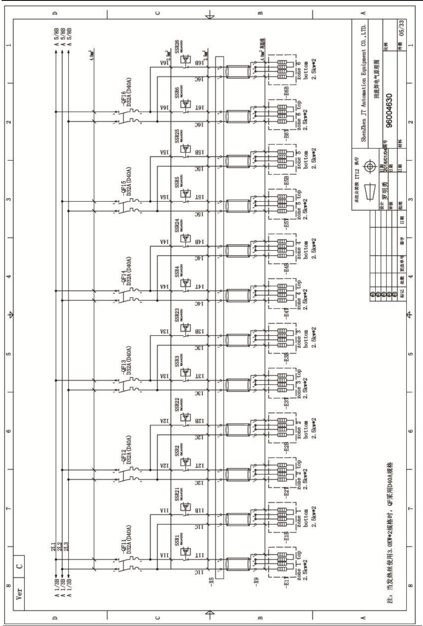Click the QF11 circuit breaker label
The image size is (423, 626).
119,534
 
